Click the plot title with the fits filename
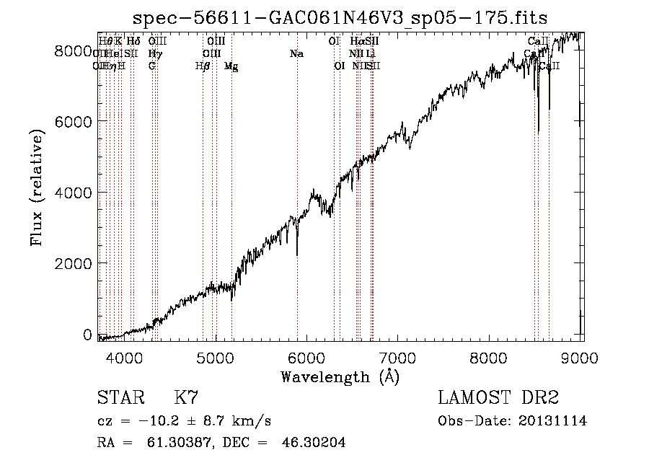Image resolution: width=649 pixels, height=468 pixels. point(341,18)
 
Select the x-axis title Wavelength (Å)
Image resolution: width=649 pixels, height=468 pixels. point(340,376)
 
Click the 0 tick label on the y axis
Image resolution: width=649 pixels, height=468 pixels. point(87,335)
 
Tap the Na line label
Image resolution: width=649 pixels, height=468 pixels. point(296,53)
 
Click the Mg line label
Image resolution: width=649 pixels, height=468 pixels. point(231,66)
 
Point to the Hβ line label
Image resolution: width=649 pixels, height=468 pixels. point(203,66)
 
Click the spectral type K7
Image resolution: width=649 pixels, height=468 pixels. point(186,398)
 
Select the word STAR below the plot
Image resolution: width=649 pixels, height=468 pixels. point(120,398)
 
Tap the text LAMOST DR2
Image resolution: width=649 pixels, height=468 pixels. point(498,398)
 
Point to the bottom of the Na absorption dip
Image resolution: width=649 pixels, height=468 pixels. point(297,255)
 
